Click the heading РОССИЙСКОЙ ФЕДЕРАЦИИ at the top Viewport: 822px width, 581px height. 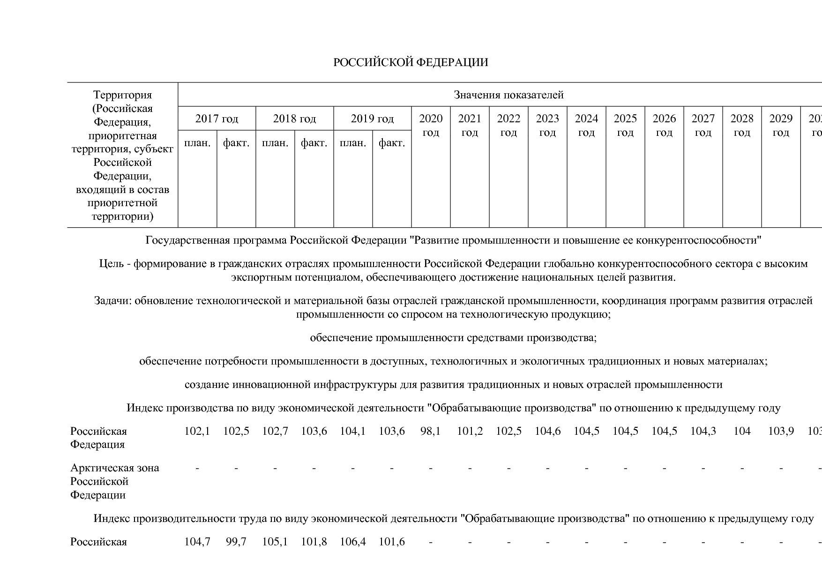[x=411, y=62]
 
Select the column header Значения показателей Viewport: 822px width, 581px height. [x=508, y=95]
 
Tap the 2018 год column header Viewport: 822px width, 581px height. [x=294, y=119]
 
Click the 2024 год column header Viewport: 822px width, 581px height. [x=586, y=126]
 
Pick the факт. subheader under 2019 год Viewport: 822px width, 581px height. [x=391, y=143]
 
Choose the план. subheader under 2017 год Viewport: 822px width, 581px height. [x=197, y=143]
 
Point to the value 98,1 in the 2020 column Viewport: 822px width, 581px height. [x=431, y=431]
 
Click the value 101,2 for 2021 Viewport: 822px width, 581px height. [x=470, y=431]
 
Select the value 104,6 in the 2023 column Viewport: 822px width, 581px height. [x=547, y=431]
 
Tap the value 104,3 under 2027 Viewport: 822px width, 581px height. [x=703, y=431]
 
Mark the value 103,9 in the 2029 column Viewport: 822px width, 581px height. [x=781, y=431]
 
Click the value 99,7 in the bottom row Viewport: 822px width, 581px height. [x=236, y=542]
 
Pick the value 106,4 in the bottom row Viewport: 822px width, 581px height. [x=352, y=542]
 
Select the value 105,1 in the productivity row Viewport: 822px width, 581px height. [x=275, y=542]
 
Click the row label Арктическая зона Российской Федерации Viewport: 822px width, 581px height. [x=114, y=481]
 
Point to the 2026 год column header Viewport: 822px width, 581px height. [x=664, y=126]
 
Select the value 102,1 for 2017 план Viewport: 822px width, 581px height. [x=197, y=431]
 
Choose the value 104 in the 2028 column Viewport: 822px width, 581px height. [x=742, y=431]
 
